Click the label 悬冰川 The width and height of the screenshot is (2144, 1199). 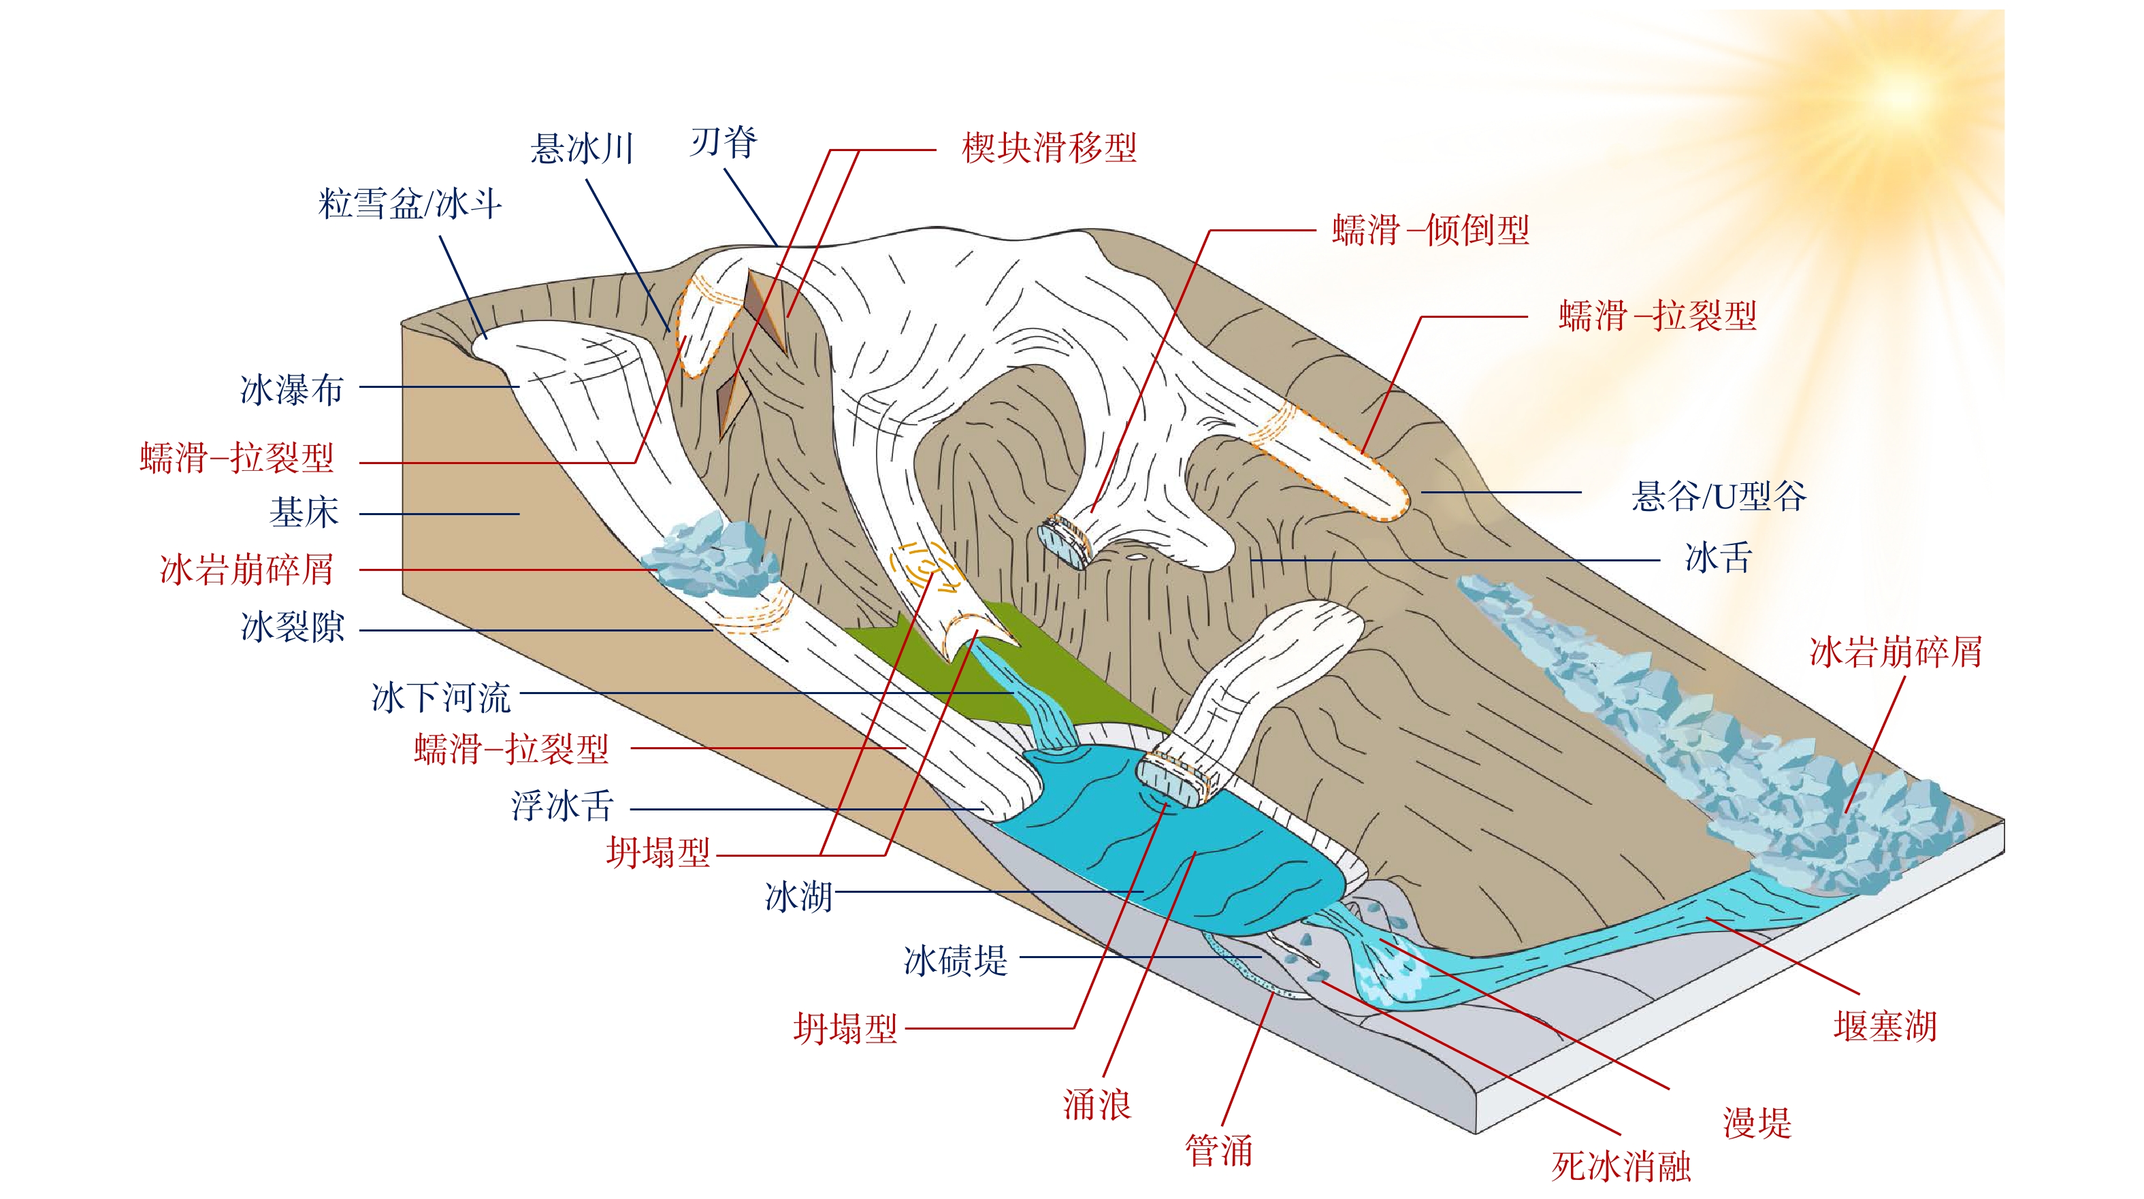click(583, 150)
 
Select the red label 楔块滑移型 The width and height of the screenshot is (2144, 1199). click(1049, 149)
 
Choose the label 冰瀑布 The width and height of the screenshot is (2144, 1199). click(291, 389)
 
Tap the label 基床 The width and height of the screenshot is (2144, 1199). click(304, 512)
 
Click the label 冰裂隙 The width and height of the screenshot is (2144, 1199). click(292, 627)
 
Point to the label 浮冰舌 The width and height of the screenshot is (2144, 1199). click(563, 806)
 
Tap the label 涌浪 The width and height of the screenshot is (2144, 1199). click(1097, 1105)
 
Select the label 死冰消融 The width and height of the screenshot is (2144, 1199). click(1621, 1166)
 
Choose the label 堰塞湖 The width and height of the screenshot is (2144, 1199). click(1885, 1027)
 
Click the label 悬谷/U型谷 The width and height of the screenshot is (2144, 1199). click(1719, 497)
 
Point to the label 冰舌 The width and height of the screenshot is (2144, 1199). click(1719, 557)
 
